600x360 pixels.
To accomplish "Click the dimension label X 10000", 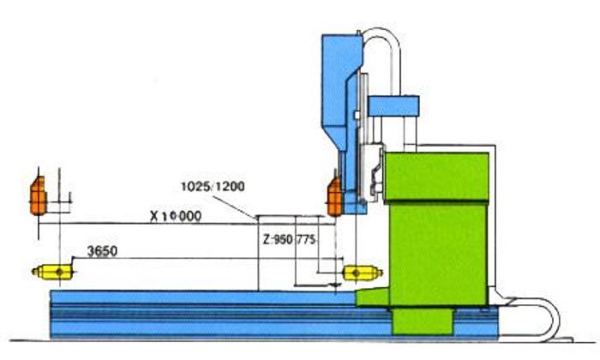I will click(176, 216).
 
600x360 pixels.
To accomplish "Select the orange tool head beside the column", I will click(334, 198).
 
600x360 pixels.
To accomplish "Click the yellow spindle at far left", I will click(54, 272).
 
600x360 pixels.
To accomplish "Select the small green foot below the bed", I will click(422, 321).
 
